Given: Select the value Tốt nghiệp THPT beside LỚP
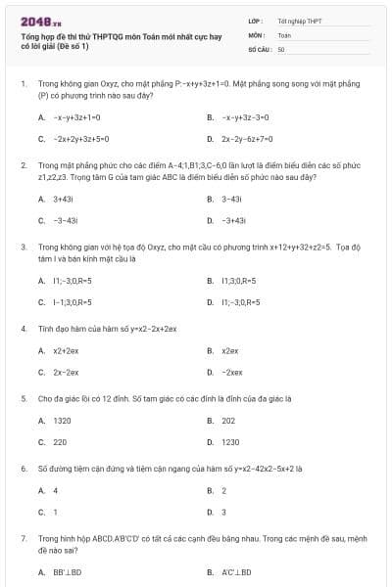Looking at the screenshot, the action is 300,20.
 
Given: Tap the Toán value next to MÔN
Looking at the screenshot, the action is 284,33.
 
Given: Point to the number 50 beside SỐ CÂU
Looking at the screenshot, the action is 281,48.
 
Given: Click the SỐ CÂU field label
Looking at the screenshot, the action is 259,48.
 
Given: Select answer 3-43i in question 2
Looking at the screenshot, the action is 231,199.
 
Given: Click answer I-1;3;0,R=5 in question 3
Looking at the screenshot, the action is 73,302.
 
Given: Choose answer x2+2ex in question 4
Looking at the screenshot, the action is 66,350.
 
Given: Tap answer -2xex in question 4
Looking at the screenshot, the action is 232,373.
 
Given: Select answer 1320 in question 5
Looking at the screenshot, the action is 62,420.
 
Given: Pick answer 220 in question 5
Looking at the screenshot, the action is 60,442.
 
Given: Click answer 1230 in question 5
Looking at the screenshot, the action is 230,442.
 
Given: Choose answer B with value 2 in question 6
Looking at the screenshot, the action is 223,490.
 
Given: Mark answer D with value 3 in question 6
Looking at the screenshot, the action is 223,512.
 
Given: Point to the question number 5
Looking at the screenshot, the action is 24,398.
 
